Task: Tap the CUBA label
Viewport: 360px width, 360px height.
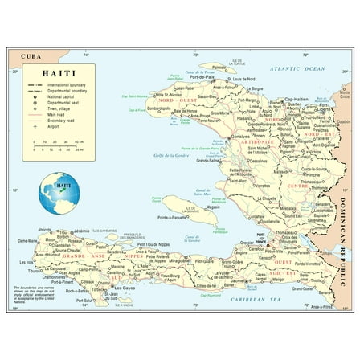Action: pyautogui.click(x=31, y=56)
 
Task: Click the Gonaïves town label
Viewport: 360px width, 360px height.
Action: pyautogui.click(x=240, y=137)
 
